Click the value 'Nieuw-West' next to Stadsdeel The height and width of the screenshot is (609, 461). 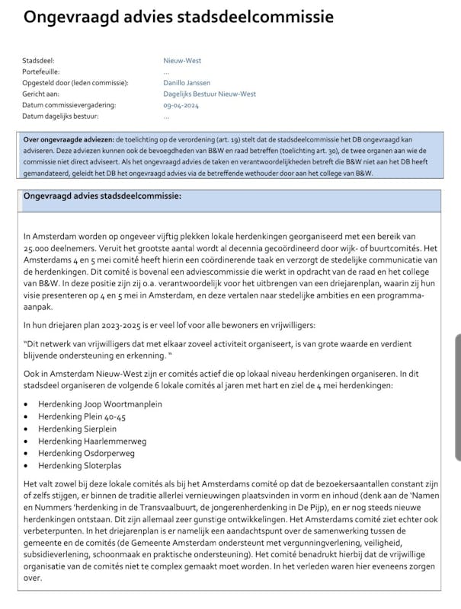click(182, 60)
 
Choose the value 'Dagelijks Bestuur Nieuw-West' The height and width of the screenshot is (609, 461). click(210, 94)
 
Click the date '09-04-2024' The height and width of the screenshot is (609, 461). click(181, 105)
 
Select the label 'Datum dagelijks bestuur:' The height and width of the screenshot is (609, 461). click(61, 116)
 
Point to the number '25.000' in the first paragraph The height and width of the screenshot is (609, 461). click(37, 250)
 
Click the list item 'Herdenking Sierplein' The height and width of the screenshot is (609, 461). click(75, 429)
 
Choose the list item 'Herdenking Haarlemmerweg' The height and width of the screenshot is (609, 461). click(92, 441)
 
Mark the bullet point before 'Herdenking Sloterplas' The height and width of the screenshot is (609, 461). click(27, 465)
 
